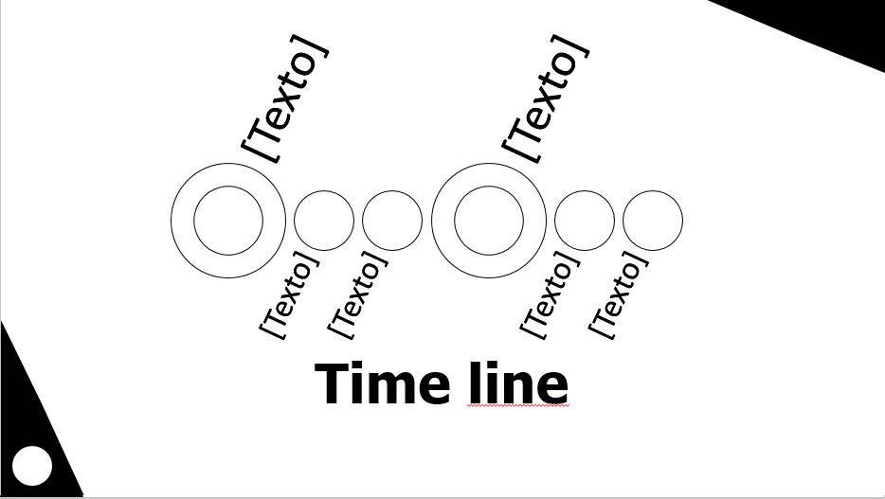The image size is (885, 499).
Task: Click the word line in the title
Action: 518,383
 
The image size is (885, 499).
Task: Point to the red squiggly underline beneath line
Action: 518,406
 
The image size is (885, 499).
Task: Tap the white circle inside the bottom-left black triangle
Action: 33,466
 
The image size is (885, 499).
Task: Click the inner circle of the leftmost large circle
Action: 228,221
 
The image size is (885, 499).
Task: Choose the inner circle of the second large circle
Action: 489,221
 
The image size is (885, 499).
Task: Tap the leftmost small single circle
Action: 324,221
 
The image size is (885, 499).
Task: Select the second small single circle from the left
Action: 392,221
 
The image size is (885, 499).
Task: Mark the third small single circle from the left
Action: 585,221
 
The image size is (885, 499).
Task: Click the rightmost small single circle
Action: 653,221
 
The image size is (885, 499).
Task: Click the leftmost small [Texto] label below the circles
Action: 289,294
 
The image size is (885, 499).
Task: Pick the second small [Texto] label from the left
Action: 357,294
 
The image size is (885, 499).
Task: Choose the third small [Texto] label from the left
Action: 550,294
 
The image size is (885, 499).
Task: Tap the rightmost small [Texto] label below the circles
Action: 618,294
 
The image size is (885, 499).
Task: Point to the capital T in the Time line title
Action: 334,383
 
